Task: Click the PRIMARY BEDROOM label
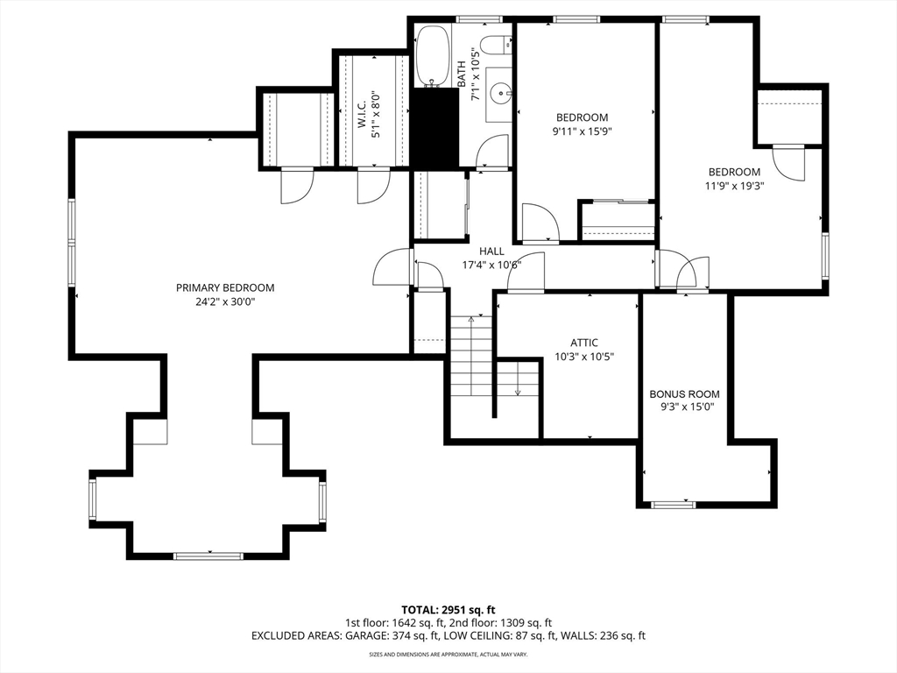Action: click(225, 287)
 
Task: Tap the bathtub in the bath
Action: click(432, 55)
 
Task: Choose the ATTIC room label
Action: click(584, 343)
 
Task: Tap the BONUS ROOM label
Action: click(684, 394)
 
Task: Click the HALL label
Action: click(491, 251)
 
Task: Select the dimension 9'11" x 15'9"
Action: click(582, 131)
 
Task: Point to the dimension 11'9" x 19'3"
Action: click(735, 186)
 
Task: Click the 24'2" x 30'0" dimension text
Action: click(225, 301)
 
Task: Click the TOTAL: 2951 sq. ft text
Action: click(448, 610)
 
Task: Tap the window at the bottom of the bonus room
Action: click(674, 504)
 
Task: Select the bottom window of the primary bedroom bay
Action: click(208, 556)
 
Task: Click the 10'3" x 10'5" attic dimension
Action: click(584, 357)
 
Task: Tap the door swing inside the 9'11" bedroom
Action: click(539, 222)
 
